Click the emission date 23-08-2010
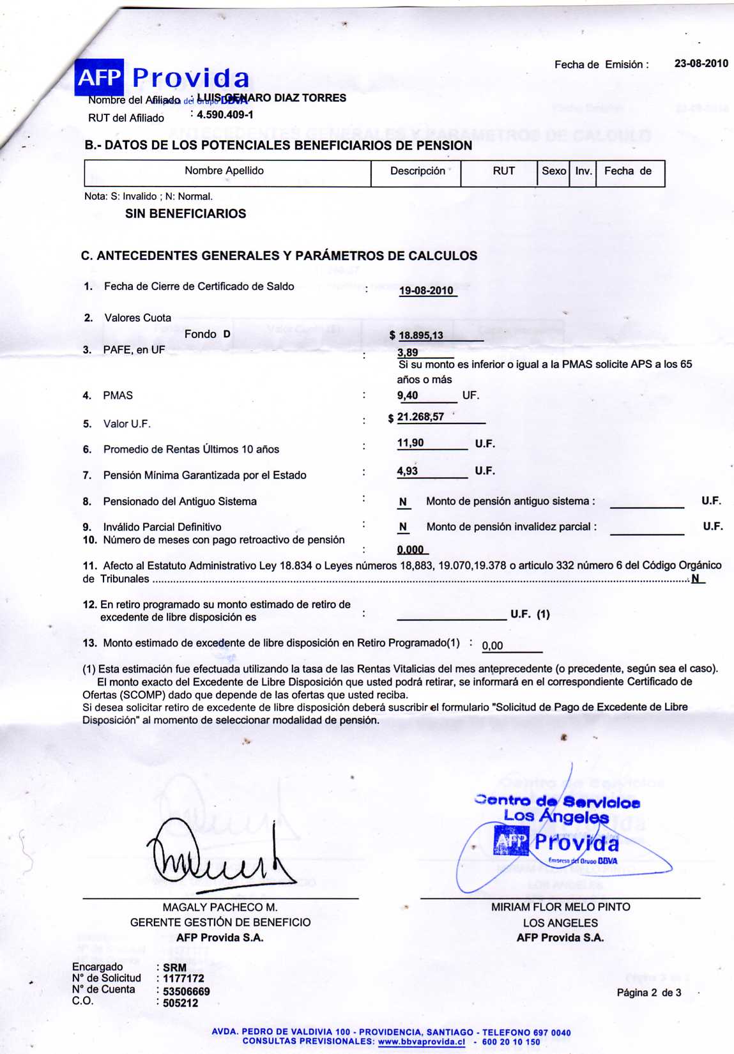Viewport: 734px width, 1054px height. (701, 63)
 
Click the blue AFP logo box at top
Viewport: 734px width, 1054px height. (99, 77)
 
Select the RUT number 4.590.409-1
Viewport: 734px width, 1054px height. (225, 115)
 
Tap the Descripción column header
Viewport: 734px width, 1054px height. (417, 171)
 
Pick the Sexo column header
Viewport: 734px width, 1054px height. (553, 171)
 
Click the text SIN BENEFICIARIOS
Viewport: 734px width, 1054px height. (185, 214)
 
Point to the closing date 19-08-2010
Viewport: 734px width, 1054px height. (426, 291)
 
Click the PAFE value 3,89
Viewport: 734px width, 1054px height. (408, 353)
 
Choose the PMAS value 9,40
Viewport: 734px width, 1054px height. (408, 395)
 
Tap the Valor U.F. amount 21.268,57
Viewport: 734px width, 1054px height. (420, 417)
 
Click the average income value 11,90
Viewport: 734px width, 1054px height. (410, 443)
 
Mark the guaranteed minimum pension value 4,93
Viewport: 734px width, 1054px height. (408, 471)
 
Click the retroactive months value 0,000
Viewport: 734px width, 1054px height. (410, 550)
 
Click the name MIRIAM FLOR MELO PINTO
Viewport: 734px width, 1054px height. (560, 907)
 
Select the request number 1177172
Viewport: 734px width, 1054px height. (183, 978)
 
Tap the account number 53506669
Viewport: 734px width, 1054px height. (186, 991)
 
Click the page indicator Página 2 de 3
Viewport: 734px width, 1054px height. (648, 993)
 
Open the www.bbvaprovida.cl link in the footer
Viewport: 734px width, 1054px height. (422, 1042)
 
